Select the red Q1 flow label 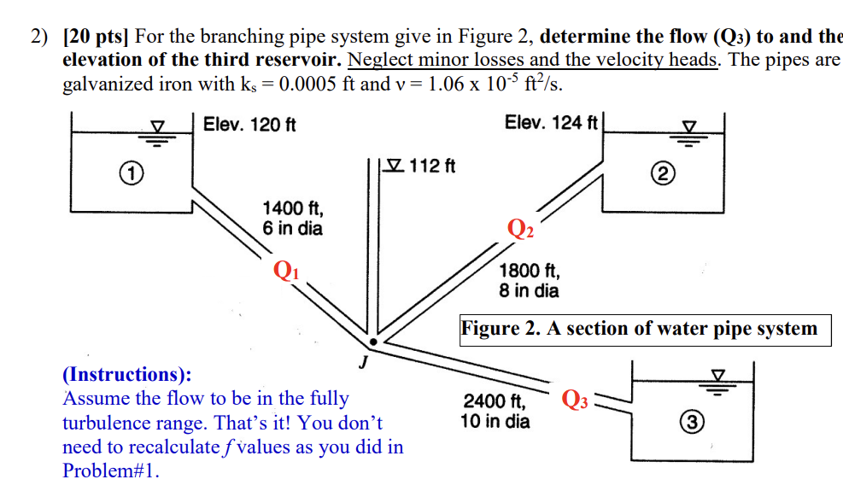point(286,269)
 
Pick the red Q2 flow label point(520,228)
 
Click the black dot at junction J point(373,341)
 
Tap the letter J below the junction point(363,362)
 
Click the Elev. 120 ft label point(249,126)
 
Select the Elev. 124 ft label point(551,123)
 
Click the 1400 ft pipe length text point(292,208)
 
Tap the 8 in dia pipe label point(529,291)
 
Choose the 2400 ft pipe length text point(495,400)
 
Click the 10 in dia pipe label point(495,421)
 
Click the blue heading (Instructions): point(127,374)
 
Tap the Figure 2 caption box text point(645,329)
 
